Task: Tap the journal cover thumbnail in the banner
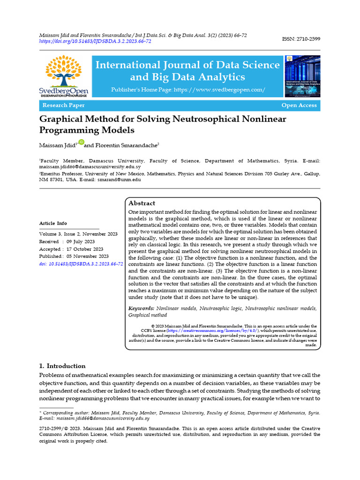[x=302, y=76]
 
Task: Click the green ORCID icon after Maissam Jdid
[x=81, y=142]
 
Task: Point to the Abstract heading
[x=142, y=203]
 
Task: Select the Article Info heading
[x=53, y=223]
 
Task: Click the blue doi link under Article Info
[x=81, y=264]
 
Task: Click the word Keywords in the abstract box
[x=141, y=308]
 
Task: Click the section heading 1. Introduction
[x=62, y=366]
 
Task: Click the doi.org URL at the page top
[x=95, y=41]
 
